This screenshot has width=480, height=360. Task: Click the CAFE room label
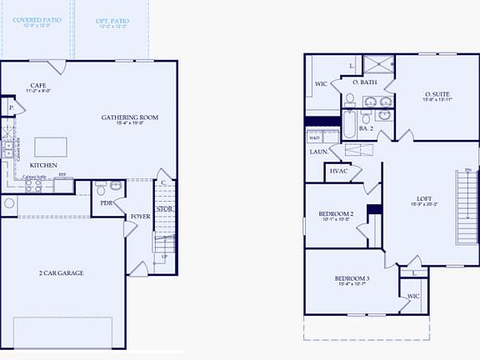pos(37,86)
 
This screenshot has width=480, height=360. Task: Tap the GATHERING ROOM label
pos(130,117)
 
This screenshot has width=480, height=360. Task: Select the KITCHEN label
pos(45,165)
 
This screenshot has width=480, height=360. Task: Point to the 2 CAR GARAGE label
pos(61,272)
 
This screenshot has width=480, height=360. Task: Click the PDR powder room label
pos(107,202)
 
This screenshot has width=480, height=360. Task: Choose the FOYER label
pos(140,217)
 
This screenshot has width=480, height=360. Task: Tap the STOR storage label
pos(165,208)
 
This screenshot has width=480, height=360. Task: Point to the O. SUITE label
pos(437,95)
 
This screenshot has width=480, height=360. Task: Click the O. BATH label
pos(365,82)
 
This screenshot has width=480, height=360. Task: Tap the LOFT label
pos(425,199)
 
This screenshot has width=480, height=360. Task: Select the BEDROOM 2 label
pos(337,214)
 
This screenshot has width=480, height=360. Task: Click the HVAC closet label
pos(339,171)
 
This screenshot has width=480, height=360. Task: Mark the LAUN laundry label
pos(317,152)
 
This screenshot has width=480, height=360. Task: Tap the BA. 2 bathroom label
pos(366,128)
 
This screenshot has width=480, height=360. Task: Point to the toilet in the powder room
pos(100,188)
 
